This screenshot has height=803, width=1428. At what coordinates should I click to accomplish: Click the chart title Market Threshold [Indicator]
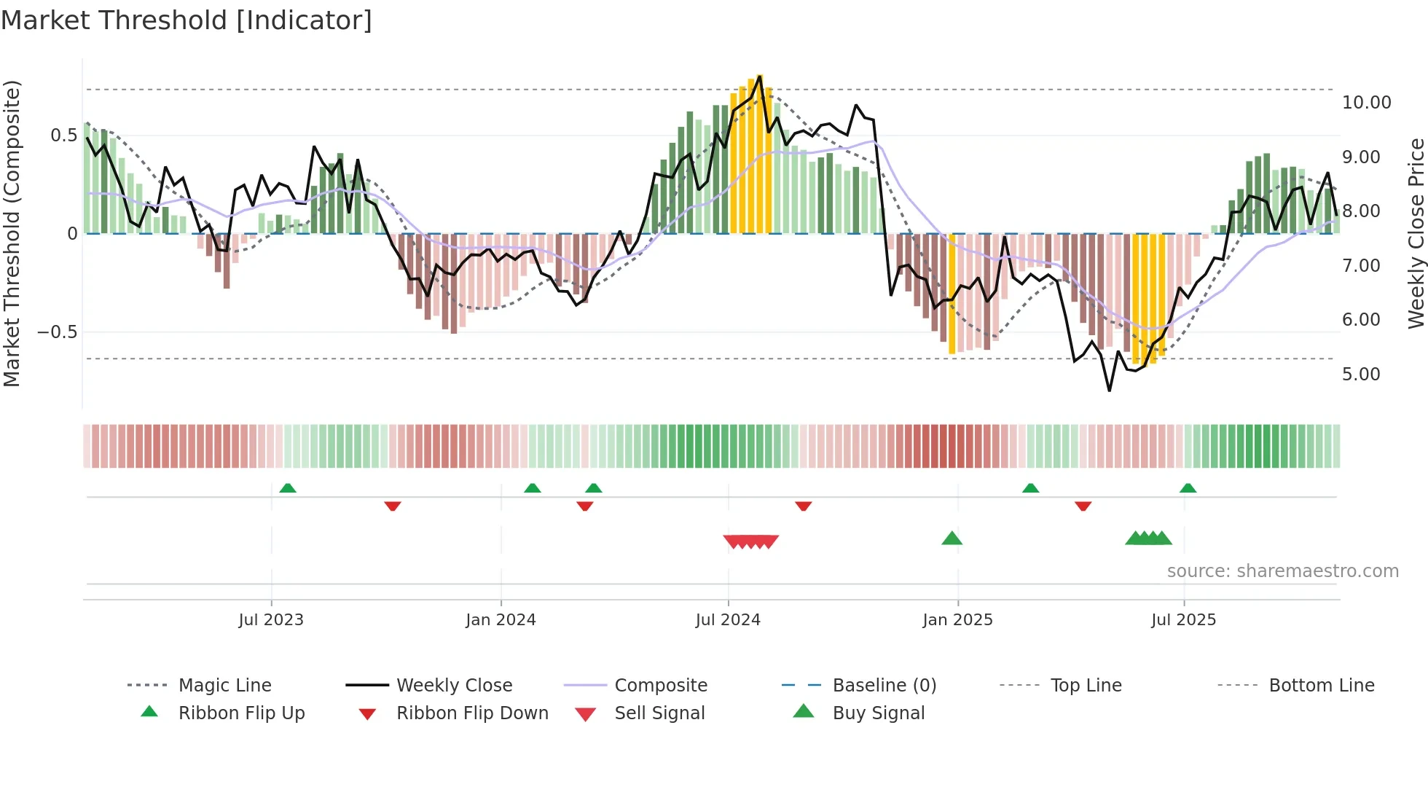[187, 20]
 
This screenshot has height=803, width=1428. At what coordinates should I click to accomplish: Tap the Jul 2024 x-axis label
[728, 620]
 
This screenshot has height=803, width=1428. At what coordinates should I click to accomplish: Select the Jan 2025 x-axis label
[957, 620]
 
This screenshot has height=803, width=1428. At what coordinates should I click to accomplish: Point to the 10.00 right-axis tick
[1366, 103]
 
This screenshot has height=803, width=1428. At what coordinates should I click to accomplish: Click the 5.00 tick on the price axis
[1361, 375]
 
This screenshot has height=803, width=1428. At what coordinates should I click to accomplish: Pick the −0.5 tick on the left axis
[57, 332]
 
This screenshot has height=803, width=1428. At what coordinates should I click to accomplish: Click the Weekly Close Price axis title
[1416, 233]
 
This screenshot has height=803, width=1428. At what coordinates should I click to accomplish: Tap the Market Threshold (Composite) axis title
[12, 233]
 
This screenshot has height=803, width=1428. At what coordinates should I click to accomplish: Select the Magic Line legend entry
[224, 686]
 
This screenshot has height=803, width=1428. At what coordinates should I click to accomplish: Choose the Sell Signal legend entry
[659, 713]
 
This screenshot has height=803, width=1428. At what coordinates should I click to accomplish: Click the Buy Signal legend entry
[878, 713]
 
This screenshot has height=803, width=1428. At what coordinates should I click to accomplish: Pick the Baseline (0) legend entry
[884, 686]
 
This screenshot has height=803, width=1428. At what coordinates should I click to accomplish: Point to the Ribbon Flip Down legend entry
[472, 713]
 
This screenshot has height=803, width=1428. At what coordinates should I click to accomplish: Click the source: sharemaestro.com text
[1282, 571]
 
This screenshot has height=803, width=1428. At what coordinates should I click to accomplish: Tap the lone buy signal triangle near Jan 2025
[952, 539]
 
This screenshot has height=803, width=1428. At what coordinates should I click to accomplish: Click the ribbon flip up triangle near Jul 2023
[288, 488]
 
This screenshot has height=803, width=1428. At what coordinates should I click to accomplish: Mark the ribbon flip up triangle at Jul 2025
[1188, 488]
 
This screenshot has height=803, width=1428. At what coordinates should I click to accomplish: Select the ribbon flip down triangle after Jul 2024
[804, 506]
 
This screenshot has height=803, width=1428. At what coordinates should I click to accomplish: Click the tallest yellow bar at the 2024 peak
[759, 153]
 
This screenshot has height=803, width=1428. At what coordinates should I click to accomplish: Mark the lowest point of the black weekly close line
[1110, 391]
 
